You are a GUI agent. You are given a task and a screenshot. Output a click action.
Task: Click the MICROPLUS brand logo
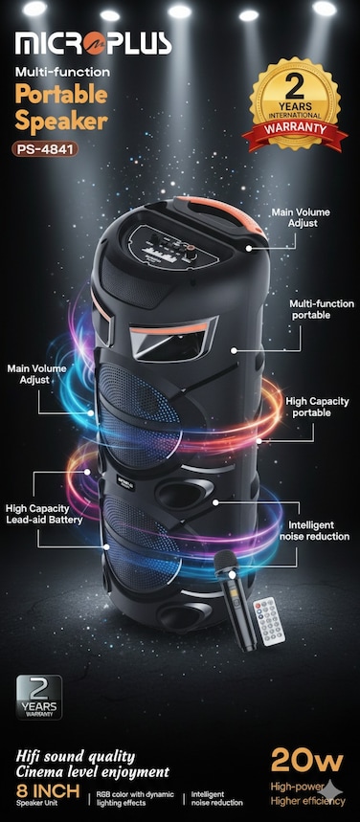(93, 43)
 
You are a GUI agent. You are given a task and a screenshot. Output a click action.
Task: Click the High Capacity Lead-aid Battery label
(43, 514)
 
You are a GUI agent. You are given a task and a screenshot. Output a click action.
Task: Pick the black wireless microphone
(234, 598)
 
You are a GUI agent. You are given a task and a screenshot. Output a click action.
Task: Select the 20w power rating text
(306, 760)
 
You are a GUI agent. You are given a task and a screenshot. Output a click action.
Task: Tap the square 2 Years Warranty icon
(39, 697)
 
